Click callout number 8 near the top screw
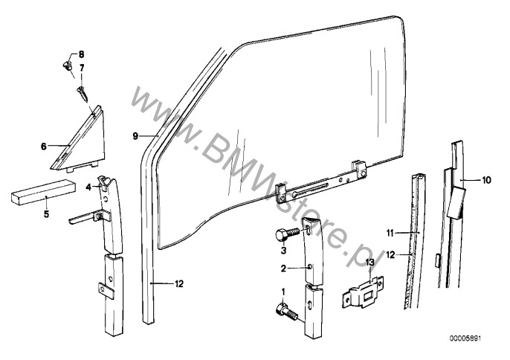82,54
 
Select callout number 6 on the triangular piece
44,147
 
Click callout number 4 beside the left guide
88,187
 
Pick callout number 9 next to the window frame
136,136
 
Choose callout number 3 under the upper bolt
283,251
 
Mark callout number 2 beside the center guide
283,269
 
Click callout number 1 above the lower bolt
283,292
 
